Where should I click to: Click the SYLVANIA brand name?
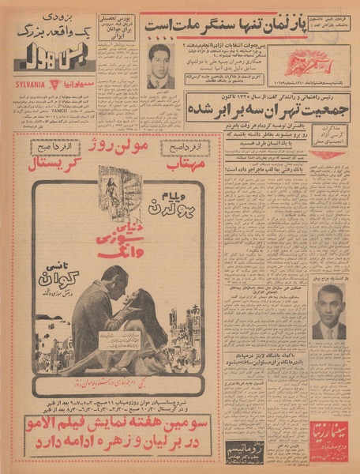pyautogui.click(x=31, y=83)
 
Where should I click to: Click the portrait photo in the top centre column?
pyautogui.click(x=161, y=66)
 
